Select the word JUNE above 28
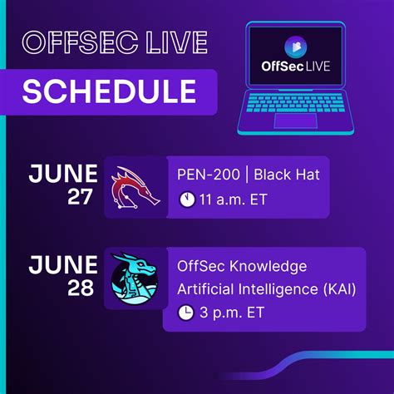(x=63, y=266)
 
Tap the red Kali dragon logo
(x=135, y=186)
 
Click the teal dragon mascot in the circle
(x=135, y=279)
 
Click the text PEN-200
(x=205, y=174)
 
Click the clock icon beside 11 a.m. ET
(x=186, y=199)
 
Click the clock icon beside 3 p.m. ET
(x=186, y=313)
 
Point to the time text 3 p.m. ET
(x=229, y=313)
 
